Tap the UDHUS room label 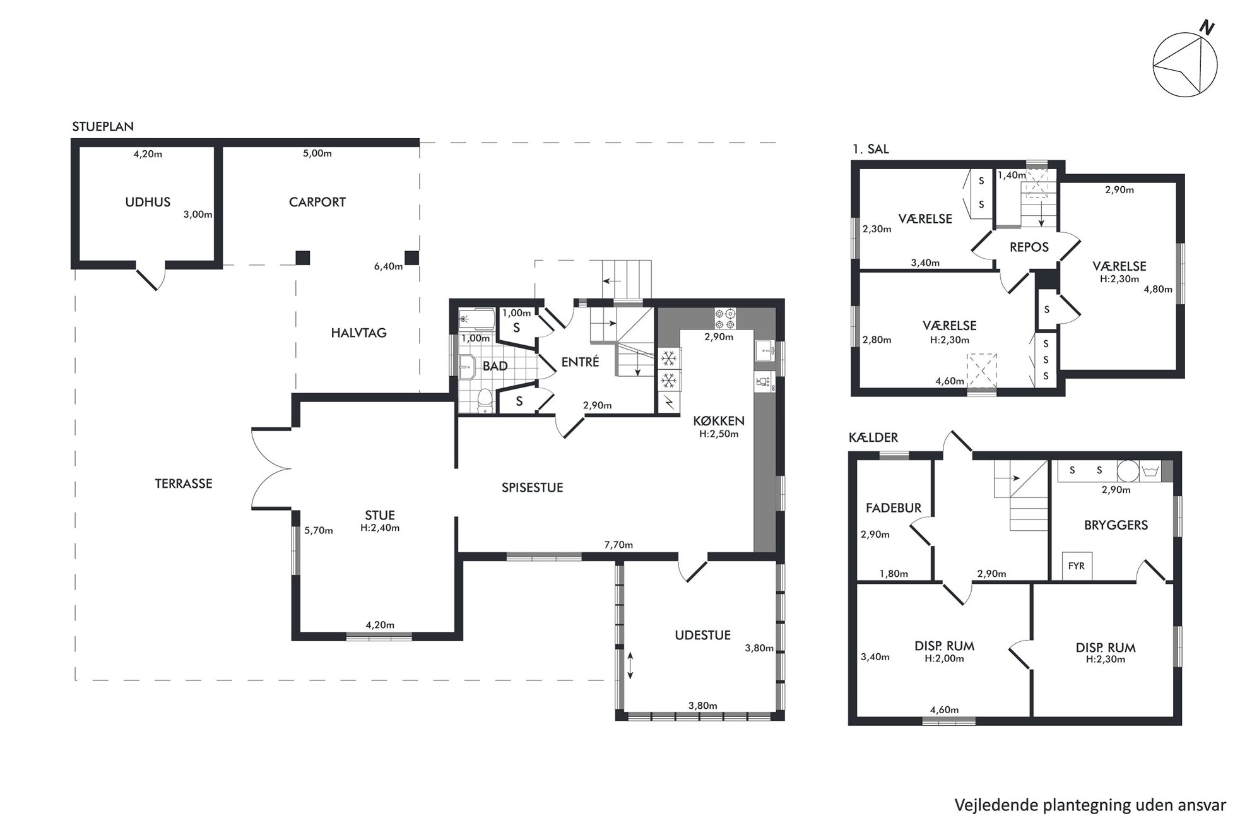pyautogui.click(x=148, y=202)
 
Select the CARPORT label pyautogui.click(x=317, y=202)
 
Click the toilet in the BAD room pyautogui.click(x=485, y=400)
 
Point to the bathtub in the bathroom pyautogui.click(x=476, y=319)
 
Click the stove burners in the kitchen pyautogui.click(x=725, y=318)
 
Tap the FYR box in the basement pyautogui.click(x=1077, y=566)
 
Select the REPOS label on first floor pyautogui.click(x=1029, y=247)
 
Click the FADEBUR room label pyautogui.click(x=894, y=508)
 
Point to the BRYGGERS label pyautogui.click(x=1116, y=525)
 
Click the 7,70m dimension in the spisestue pyautogui.click(x=618, y=545)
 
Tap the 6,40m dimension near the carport pyautogui.click(x=388, y=266)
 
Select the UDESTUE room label pyautogui.click(x=702, y=636)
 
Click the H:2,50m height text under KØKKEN pyautogui.click(x=719, y=434)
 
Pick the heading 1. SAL pyautogui.click(x=870, y=150)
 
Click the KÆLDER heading pyautogui.click(x=873, y=437)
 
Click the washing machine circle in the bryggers pyautogui.click(x=1128, y=471)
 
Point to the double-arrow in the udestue pyautogui.click(x=630, y=666)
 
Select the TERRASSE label pyautogui.click(x=184, y=483)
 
